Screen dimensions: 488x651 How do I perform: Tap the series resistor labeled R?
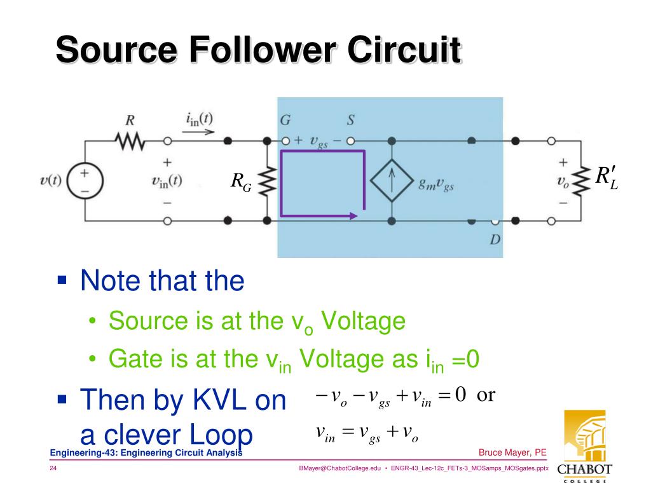(130, 140)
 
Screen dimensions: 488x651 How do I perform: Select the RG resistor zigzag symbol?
(267, 180)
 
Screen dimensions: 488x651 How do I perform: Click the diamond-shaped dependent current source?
(392, 180)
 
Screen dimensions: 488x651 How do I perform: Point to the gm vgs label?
(436, 185)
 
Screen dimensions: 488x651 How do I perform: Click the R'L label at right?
(606, 178)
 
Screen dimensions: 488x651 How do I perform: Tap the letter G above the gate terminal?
(285, 121)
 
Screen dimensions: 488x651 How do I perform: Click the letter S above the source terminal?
(350, 121)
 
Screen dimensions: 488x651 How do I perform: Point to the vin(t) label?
(167, 180)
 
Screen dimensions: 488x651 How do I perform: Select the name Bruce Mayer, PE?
(512, 452)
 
